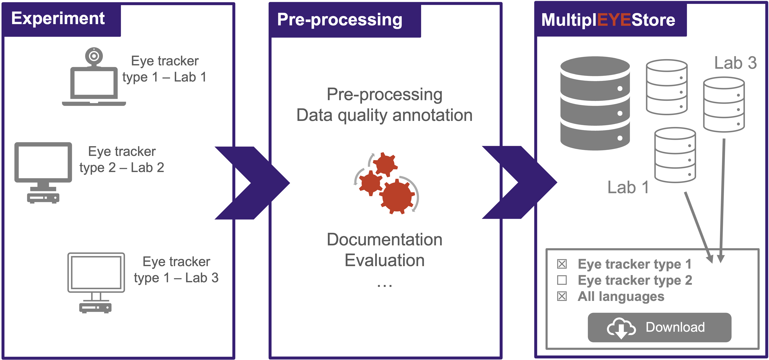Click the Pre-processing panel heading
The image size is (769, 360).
click(340, 20)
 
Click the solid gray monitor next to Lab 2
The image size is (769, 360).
click(43, 172)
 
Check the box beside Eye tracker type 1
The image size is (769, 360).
click(562, 264)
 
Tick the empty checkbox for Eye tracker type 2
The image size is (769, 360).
click(562, 280)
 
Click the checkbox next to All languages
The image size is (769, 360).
click(562, 297)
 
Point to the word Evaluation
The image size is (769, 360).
click(385, 260)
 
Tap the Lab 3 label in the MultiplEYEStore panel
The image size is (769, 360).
click(735, 63)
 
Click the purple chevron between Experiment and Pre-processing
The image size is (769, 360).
click(252, 183)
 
